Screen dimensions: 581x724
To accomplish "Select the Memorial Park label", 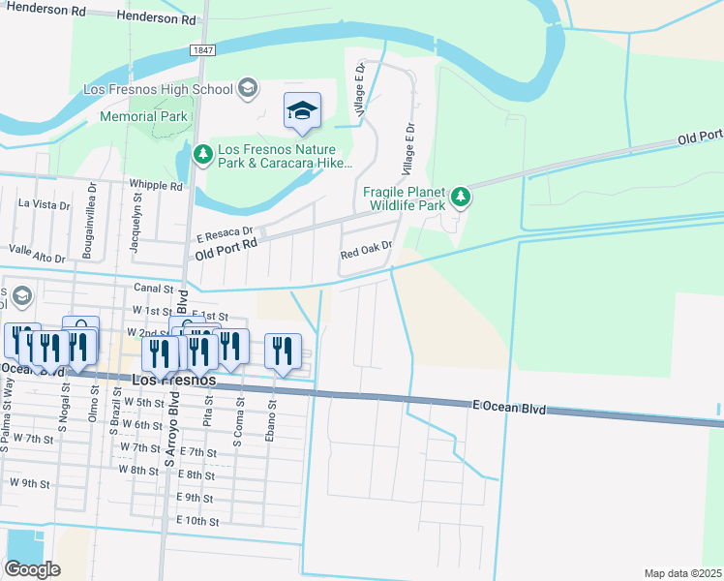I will tap(143, 116).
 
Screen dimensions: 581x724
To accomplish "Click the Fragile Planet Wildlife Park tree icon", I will tap(462, 198).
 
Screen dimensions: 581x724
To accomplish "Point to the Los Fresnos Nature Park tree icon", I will tap(203, 153).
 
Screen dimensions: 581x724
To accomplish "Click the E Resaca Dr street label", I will tap(225, 234).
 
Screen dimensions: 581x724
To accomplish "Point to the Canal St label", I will tap(153, 288).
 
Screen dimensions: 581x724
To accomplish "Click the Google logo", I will tap(32, 569).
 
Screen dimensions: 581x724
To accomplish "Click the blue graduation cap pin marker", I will tap(302, 112).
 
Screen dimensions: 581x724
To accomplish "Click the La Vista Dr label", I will tap(45, 203).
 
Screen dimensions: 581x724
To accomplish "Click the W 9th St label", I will tap(30, 481).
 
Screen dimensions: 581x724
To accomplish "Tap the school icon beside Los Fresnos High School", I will tap(248, 89).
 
